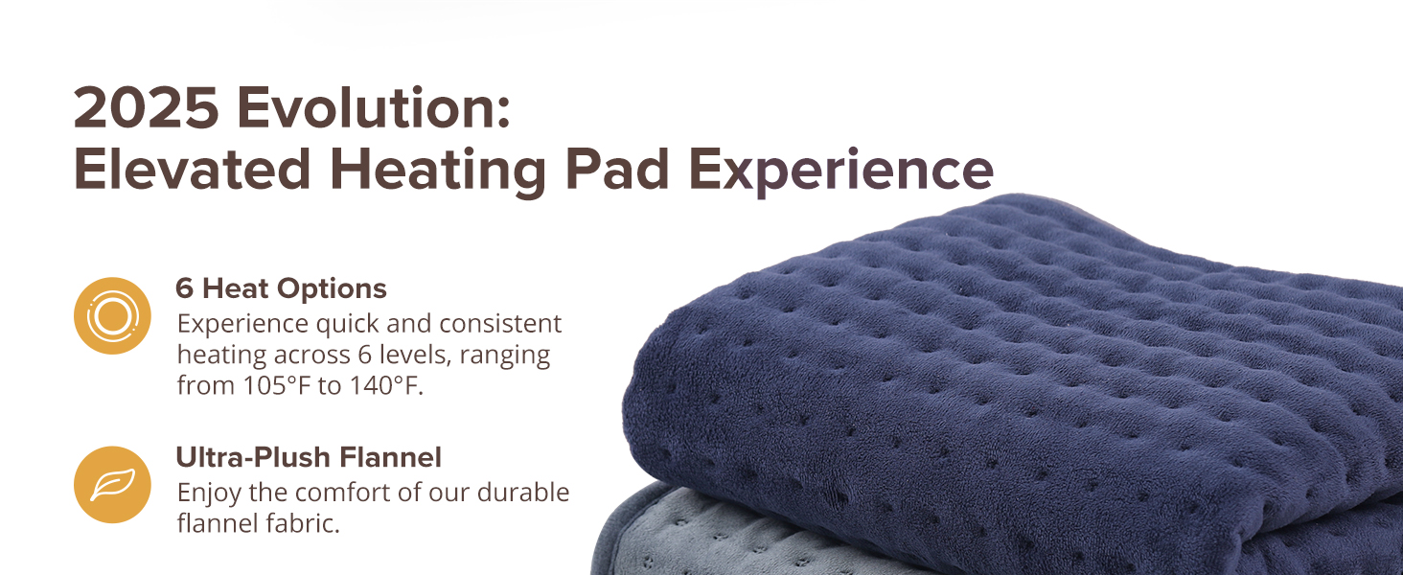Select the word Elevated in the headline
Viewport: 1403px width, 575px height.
click(x=193, y=170)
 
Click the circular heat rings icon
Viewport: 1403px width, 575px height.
click(x=112, y=315)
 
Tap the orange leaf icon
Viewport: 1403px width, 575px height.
click(x=112, y=485)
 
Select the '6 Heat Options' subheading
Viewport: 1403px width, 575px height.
click(x=281, y=287)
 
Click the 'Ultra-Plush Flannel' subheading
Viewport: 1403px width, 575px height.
click(x=308, y=457)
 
